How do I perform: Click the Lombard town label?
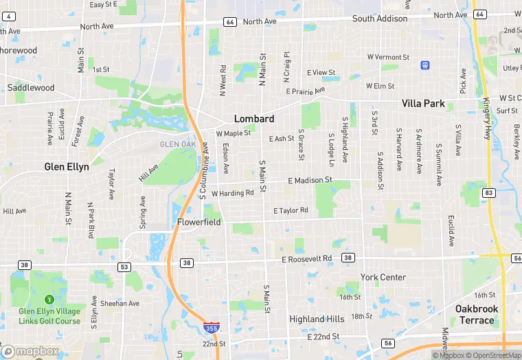click(254, 118)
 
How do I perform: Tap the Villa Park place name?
click(423, 104)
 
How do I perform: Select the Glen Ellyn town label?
click(67, 166)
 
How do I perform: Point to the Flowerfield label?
click(199, 222)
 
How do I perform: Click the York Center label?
click(383, 277)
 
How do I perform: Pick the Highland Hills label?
click(317, 319)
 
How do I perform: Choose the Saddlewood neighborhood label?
click(31, 87)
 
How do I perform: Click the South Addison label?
click(380, 19)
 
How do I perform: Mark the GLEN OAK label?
click(178, 144)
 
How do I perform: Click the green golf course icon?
click(49, 300)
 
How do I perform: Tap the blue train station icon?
click(425, 65)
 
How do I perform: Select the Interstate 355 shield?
click(213, 329)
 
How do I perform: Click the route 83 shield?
click(488, 193)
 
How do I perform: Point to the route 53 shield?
click(124, 267)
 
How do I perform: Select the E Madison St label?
click(310, 180)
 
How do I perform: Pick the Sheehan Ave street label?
click(120, 303)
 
